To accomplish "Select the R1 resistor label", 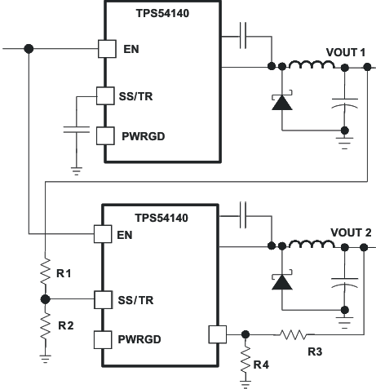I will click(x=64, y=273).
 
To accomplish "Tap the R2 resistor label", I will click(x=66, y=325).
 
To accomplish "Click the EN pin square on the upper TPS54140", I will click(x=106, y=48).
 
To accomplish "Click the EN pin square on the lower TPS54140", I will click(x=103, y=236).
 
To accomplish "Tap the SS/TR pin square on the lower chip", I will click(x=102, y=298).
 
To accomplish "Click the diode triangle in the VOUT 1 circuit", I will click(x=281, y=102).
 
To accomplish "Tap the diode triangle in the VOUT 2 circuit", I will click(x=281, y=281).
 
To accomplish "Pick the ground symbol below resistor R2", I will click(x=44, y=357).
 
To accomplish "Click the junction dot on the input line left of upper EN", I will click(x=29, y=48).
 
